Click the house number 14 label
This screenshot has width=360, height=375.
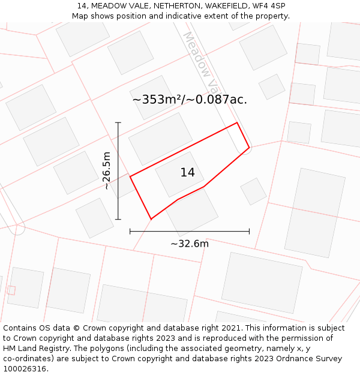pos(187,173)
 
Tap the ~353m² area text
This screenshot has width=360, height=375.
pos(157,100)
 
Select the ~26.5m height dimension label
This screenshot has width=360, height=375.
pos(107,170)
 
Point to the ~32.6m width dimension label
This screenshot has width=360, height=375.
pos(190,244)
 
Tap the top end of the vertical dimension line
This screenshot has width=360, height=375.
pos(118,123)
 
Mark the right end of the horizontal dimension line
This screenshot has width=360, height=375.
pos(249,231)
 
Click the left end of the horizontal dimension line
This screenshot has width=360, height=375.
pos(130,231)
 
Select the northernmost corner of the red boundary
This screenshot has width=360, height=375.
pos(237,123)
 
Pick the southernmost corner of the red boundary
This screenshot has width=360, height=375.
pos(151,219)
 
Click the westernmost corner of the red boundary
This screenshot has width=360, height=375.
pos(130,176)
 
